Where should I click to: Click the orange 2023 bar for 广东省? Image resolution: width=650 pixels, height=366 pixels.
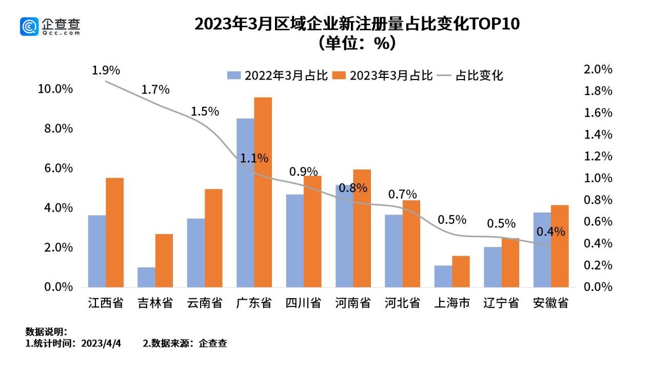[x=263, y=192]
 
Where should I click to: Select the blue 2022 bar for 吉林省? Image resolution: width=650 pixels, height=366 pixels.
[x=146, y=277]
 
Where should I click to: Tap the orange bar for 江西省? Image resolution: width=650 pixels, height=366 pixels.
[x=114, y=232]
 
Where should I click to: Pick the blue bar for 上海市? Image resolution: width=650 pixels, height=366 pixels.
[x=443, y=276]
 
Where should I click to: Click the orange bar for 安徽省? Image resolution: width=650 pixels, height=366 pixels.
[x=560, y=246]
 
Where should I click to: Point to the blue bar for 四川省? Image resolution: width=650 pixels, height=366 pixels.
[x=294, y=240]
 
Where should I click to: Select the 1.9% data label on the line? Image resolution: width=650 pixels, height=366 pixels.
[x=106, y=70]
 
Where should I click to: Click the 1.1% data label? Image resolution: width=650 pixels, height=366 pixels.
[x=254, y=159]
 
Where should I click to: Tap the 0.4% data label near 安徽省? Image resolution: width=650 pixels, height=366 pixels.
[x=550, y=232]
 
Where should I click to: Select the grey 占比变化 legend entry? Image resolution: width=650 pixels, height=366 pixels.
[x=471, y=76]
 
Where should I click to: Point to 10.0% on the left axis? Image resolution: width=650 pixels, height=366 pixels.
[x=55, y=89]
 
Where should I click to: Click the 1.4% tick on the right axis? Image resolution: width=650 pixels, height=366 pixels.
[x=598, y=134]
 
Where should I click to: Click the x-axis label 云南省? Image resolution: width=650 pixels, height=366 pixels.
[x=205, y=303]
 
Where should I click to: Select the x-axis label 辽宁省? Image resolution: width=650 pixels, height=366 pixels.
[x=501, y=303]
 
